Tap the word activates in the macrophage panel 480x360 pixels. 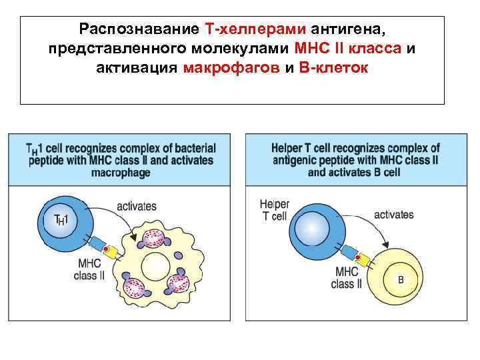click(x=137, y=206)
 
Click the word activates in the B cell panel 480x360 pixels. click(x=393, y=215)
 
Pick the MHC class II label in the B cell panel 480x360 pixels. click(x=346, y=277)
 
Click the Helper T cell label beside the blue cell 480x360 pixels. click(x=273, y=209)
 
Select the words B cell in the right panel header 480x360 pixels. click(x=382, y=172)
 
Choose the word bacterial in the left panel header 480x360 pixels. click(x=193, y=148)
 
